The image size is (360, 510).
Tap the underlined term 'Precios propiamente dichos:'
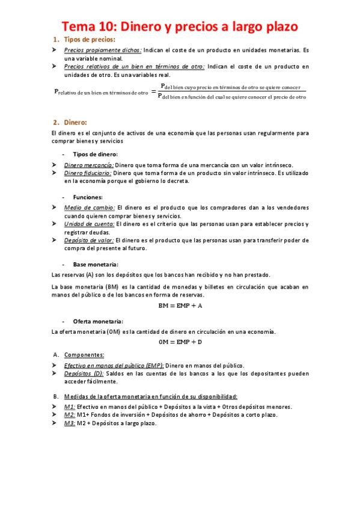click(x=103, y=51)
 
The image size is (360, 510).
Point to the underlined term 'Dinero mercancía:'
click(x=88, y=164)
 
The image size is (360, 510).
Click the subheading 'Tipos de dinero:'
click(x=96, y=153)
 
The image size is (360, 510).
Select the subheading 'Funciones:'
click(x=88, y=197)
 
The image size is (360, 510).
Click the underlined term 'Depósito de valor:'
click(x=89, y=240)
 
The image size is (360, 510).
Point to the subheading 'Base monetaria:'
click(x=96, y=264)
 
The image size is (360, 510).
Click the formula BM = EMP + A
click(x=180, y=306)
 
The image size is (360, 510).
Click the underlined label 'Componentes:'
click(x=84, y=354)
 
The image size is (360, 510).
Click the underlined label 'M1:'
click(x=70, y=407)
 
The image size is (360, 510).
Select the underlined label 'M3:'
click(x=70, y=423)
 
